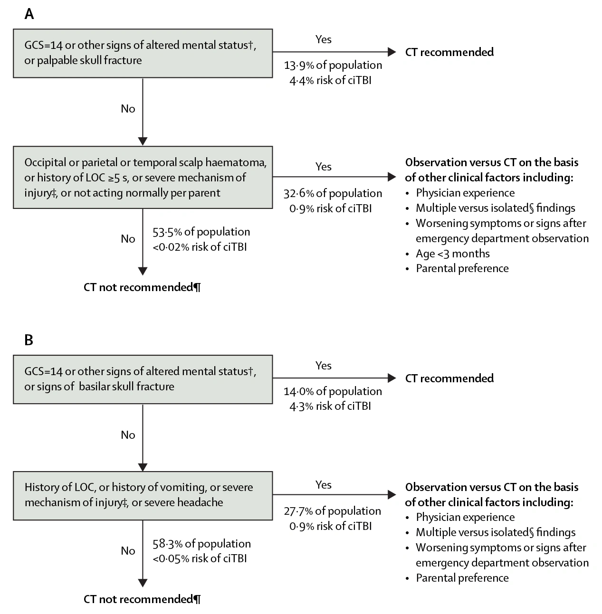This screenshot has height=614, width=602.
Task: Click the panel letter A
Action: click(29, 14)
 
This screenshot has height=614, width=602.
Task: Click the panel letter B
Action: click(29, 340)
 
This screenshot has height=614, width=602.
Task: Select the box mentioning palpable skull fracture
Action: click(143, 53)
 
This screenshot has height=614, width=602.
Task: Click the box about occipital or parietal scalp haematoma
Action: click(143, 178)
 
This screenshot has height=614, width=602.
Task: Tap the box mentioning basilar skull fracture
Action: click(143, 379)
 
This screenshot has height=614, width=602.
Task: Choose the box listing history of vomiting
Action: click(143, 496)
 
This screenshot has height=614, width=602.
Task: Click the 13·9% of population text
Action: click(333, 66)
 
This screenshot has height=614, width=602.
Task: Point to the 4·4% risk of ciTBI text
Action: click(330, 80)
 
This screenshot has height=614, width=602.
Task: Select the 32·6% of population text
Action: click(333, 193)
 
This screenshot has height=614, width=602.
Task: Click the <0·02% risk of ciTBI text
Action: click(200, 247)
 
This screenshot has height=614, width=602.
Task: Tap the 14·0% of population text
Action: click(333, 391)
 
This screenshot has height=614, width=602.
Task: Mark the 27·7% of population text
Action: click(333, 511)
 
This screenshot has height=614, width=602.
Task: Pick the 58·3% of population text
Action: click(201, 544)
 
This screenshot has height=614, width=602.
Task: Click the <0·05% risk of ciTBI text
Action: click(200, 558)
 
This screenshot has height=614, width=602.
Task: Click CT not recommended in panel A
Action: click(142, 287)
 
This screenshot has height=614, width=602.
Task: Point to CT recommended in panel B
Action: click(449, 378)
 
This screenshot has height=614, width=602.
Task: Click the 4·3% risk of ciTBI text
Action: click(330, 406)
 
